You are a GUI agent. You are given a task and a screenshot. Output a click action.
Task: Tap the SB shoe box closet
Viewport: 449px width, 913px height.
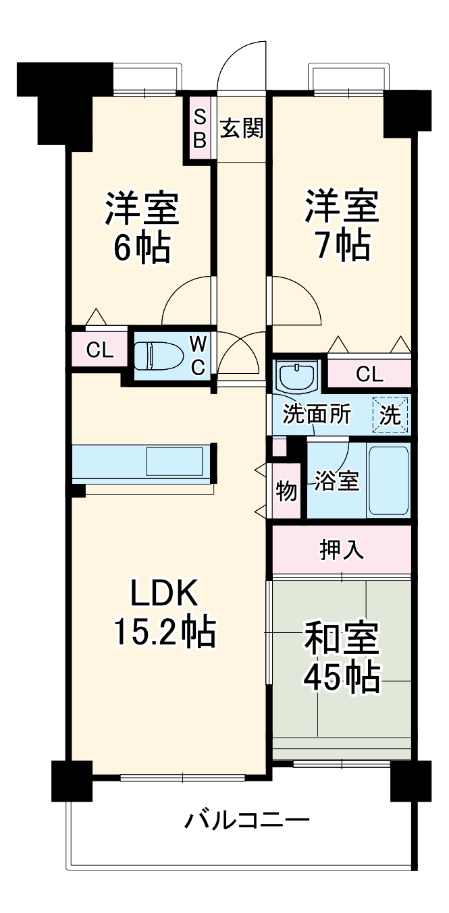click(x=201, y=128)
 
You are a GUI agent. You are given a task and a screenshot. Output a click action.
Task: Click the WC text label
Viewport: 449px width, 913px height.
click(x=198, y=355)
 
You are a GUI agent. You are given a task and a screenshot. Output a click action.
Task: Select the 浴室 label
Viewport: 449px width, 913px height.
click(x=336, y=480)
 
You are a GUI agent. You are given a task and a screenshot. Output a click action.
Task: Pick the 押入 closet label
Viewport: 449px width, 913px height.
click(x=342, y=550)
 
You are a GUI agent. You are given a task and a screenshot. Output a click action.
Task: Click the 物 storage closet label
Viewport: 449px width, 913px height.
click(x=286, y=492)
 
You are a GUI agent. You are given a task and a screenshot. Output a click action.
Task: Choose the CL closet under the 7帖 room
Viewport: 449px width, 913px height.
click(x=369, y=374)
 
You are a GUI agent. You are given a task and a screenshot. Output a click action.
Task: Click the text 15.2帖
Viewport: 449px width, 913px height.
click(x=163, y=632)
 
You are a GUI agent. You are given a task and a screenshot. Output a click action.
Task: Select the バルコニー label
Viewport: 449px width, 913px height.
click(x=248, y=821)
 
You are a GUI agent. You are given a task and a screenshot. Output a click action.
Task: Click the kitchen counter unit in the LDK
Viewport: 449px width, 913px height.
click(x=142, y=462)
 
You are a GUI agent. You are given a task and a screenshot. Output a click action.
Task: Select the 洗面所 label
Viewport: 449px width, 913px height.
click(x=317, y=414)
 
